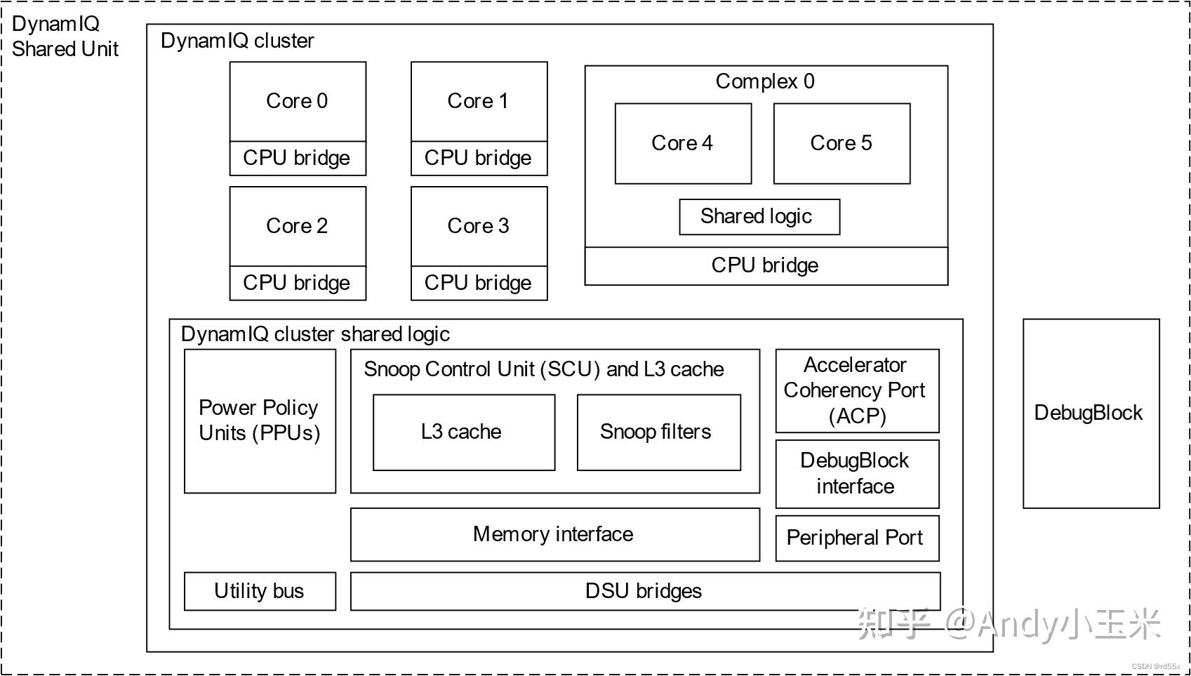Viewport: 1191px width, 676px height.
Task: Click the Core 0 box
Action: click(x=298, y=101)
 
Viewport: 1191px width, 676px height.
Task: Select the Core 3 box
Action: click(x=479, y=226)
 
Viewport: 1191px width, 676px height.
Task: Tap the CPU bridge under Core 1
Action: click(x=479, y=159)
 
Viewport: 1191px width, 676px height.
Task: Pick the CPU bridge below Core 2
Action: click(x=298, y=283)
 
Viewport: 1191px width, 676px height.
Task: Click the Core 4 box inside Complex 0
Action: click(x=682, y=144)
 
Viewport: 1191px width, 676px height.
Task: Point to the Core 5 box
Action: click(x=841, y=144)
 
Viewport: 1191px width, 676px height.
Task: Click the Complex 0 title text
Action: click(x=765, y=81)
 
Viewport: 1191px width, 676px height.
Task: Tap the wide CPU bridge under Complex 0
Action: click(x=766, y=266)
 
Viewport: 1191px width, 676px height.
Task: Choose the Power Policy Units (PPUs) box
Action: click(x=260, y=421)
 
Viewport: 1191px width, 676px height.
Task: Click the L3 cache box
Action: click(x=463, y=432)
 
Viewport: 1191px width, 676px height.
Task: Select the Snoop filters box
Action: click(x=658, y=432)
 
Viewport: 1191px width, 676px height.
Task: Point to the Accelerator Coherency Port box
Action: click(x=856, y=390)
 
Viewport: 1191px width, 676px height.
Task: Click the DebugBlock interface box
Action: click(x=856, y=474)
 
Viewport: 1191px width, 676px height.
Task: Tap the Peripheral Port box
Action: click(x=856, y=538)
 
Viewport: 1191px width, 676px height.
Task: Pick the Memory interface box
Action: click(x=554, y=535)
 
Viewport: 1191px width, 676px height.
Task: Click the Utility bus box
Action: click(x=260, y=591)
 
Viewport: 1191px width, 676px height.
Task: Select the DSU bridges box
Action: click(x=644, y=591)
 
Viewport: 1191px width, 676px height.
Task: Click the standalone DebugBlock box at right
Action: click(x=1090, y=413)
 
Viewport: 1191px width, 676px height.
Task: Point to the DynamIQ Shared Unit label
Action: click(x=65, y=37)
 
